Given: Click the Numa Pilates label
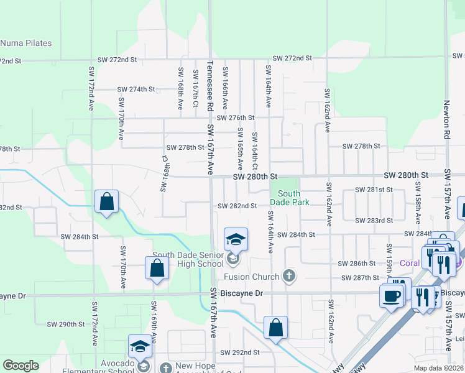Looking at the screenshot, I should (26, 44).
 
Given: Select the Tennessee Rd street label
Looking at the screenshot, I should (210, 86).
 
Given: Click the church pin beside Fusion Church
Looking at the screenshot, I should (288, 275).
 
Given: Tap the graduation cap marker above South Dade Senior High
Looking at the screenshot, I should (236, 239).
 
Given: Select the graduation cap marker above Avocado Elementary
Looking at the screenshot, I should (140, 346).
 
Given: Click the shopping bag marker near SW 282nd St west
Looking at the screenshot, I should (107, 201).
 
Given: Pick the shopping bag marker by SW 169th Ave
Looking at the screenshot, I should (157, 268).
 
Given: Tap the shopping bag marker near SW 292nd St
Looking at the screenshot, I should (275, 327).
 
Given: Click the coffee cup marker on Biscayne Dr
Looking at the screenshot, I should (391, 296).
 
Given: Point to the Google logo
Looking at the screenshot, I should (21, 366).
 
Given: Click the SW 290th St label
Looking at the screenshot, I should (66, 325).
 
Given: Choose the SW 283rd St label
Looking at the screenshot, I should (374, 221).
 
